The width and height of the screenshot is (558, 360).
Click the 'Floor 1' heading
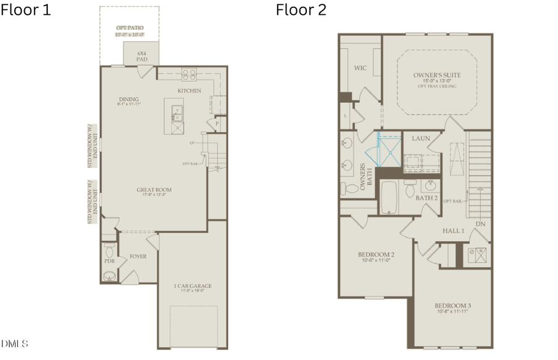pos(25,10)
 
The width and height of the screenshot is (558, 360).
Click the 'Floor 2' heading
pos(301,10)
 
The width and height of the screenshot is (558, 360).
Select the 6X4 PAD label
pos(141,56)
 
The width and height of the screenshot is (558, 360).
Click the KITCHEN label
pos(189,91)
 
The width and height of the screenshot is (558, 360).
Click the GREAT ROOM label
pos(154,190)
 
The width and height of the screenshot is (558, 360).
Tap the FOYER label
pos(138,256)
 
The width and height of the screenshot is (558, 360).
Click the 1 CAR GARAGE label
pos(193,286)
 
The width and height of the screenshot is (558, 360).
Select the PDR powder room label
pos(110,261)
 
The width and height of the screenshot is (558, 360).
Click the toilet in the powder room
pos(110,249)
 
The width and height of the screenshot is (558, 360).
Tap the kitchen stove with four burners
pos(188,75)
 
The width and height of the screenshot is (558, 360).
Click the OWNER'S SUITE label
pos(437,76)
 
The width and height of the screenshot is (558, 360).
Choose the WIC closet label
pos(361,68)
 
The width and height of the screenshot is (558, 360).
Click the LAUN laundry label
pos(421,138)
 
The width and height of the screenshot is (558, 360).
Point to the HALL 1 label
pos(453,230)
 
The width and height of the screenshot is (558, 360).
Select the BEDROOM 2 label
pos(376,255)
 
